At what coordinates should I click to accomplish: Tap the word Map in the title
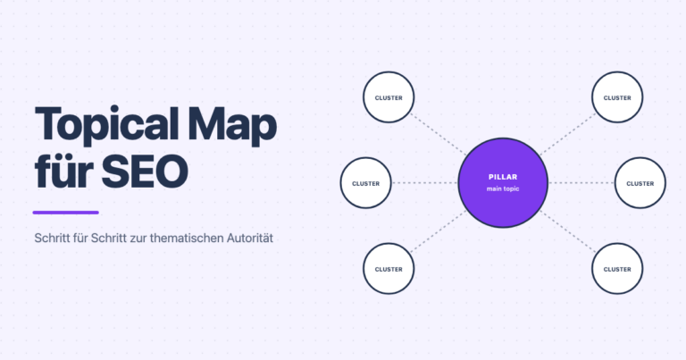click(232, 126)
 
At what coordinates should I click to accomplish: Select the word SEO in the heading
click(145, 171)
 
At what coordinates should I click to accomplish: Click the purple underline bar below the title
click(65, 213)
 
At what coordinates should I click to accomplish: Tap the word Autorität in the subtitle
click(250, 238)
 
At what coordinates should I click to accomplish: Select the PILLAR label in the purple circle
click(503, 177)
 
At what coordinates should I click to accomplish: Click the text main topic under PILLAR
click(503, 189)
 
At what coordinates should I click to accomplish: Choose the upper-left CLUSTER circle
click(389, 97)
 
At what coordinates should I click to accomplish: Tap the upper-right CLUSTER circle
click(617, 97)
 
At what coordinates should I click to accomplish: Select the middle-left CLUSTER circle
click(365, 183)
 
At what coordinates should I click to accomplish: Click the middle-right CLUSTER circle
click(640, 183)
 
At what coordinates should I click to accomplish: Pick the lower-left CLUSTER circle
click(389, 269)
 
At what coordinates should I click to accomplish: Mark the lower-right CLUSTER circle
click(617, 269)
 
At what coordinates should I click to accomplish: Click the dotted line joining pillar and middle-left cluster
click(425, 183)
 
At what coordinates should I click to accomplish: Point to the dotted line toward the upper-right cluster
click(568, 134)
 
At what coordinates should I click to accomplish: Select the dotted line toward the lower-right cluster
click(568, 232)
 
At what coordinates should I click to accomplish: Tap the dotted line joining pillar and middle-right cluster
click(581, 183)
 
